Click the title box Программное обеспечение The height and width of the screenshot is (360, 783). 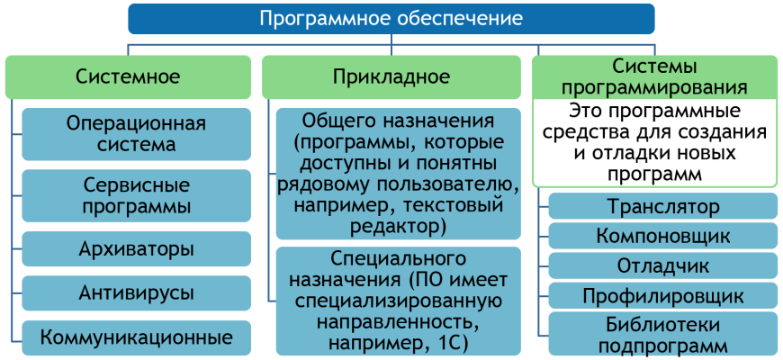tap(391, 19)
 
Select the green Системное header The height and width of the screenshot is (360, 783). tap(129, 76)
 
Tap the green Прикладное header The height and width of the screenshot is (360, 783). tap(391, 76)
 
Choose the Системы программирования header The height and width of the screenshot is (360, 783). tap(654, 76)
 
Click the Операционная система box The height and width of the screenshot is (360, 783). tap(136, 134)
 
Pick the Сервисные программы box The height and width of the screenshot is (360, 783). tap(136, 195)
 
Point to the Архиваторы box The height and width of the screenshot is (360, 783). tap(136, 248)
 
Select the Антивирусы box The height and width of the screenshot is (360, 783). tap(136, 293)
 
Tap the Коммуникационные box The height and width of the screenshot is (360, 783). tap(136, 337)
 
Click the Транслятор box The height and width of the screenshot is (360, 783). tap(663, 207)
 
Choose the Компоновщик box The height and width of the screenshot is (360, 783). tap(663, 236)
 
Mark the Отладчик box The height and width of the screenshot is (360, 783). tap(663, 265)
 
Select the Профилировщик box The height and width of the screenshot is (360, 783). tap(663, 295)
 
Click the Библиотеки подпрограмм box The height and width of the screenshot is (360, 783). tap(663, 334)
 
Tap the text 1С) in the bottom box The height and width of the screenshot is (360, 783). tap(450, 344)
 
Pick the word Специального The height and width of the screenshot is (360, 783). tap(398, 258)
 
